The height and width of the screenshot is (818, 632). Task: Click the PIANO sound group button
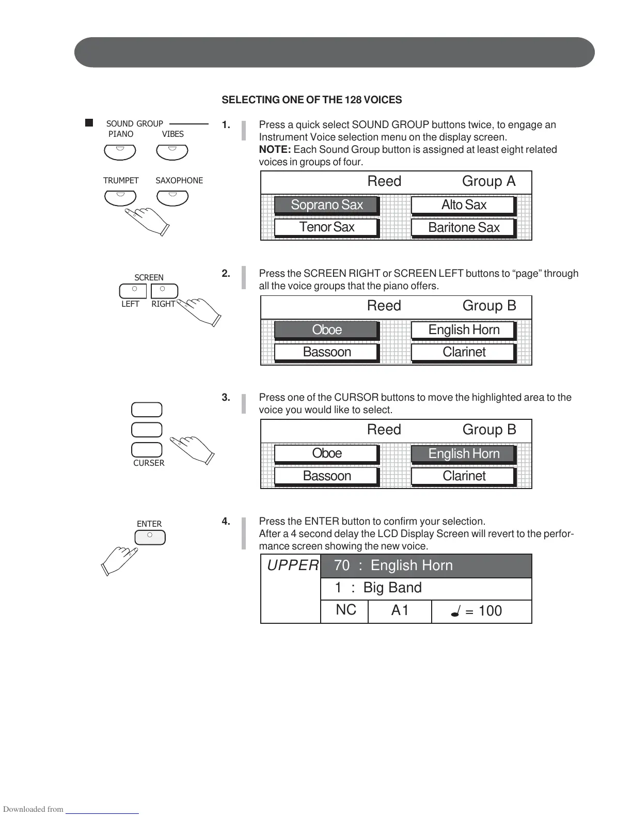tap(120, 152)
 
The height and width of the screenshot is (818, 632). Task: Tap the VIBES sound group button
tap(172, 152)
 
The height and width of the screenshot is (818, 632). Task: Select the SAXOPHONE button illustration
tap(172, 198)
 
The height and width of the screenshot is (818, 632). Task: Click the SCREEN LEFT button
tap(133, 291)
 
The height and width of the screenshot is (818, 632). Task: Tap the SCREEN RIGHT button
tap(164, 291)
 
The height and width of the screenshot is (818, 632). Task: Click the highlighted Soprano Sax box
tap(327, 205)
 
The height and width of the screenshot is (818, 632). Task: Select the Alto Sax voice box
tap(464, 205)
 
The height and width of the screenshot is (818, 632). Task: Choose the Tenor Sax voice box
tap(327, 227)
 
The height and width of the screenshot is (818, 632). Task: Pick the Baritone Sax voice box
tap(464, 228)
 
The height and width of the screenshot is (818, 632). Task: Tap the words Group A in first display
tap(488, 181)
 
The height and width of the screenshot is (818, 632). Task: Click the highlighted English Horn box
tap(464, 453)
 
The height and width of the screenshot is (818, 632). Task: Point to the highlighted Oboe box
tap(327, 329)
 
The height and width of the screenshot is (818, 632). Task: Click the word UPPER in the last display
tap(293, 565)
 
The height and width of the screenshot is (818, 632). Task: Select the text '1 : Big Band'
tap(378, 588)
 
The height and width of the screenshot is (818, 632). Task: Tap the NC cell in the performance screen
tap(345, 610)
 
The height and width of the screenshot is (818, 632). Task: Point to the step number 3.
tap(226, 398)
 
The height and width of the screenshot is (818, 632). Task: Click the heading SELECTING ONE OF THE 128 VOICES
tap(311, 100)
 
